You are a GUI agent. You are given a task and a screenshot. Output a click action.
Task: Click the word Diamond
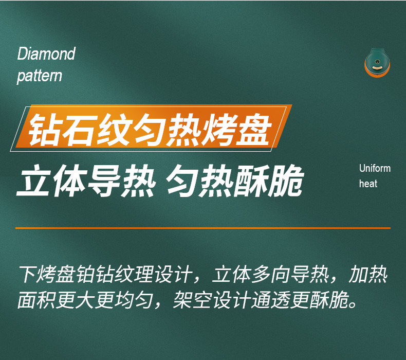click(46, 54)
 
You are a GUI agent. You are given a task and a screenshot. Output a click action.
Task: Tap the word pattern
click(40, 76)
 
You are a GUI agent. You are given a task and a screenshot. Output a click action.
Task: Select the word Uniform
click(375, 169)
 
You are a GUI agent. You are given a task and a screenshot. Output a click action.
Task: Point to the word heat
click(368, 184)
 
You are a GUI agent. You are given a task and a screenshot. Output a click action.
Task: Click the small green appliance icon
click(378, 62)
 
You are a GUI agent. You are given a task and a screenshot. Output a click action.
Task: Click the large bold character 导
click(104, 181)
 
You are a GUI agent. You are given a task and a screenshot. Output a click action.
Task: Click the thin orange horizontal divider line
click(203, 228)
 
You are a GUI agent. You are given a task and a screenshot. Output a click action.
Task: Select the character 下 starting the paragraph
click(27, 274)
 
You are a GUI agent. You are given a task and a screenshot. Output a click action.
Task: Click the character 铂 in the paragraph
click(85, 274)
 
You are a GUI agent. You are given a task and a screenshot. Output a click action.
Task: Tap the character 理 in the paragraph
click(144, 274)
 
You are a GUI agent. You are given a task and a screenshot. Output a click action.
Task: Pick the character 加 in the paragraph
click(359, 274)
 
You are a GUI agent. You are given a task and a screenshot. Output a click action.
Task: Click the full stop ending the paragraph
click(353, 304)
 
